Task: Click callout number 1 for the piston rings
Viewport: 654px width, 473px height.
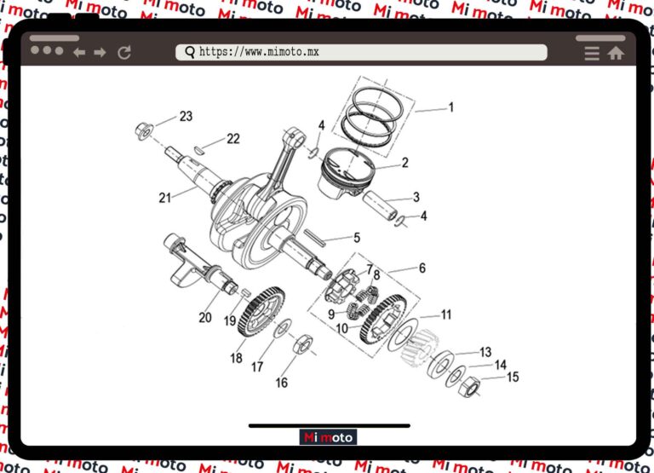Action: tap(451, 107)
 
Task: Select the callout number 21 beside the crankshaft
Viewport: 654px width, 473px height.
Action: tap(165, 198)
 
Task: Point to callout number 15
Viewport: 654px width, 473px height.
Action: tap(512, 377)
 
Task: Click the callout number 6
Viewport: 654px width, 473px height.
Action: tap(422, 268)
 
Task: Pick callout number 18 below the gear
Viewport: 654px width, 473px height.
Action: tap(236, 358)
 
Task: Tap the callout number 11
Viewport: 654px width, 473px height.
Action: tap(445, 314)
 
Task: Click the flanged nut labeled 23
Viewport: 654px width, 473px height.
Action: tap(144, 130)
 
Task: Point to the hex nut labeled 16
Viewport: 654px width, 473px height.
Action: tap(301, 345)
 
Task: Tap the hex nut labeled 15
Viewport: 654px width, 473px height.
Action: tap(468, 388)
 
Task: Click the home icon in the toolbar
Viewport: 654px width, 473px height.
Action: tap(615, 53)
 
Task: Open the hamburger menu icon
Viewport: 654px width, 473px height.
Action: tap(592, 53)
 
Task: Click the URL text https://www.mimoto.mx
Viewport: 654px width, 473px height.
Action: tap(259, 52)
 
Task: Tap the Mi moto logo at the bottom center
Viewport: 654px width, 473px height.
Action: tap(329, 437)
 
